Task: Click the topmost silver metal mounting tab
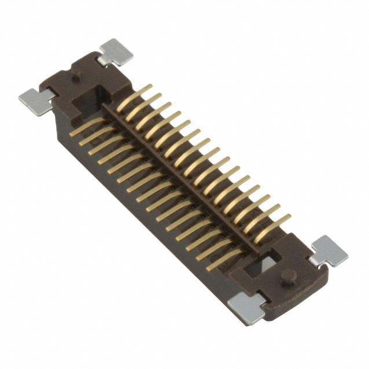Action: (x=116, y=51)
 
